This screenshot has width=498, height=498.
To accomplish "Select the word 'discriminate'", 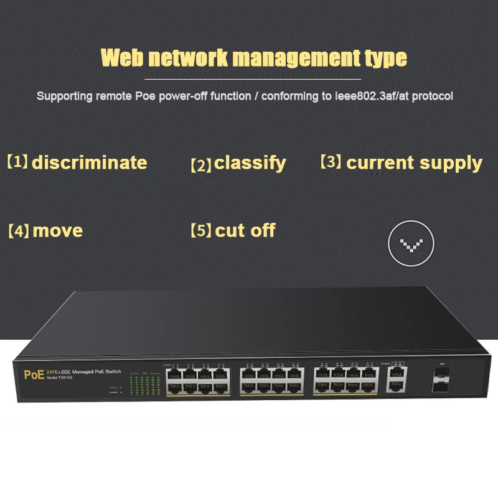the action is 90,163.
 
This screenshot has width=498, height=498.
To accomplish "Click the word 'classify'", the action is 250,164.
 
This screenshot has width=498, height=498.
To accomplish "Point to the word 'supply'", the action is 449,163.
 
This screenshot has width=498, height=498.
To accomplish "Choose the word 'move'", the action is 57,231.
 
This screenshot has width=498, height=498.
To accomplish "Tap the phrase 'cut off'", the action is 245,231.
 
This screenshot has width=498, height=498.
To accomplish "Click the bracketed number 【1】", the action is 18,162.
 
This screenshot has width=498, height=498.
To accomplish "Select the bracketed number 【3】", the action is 331,162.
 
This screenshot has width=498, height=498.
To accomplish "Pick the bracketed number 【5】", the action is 201,231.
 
